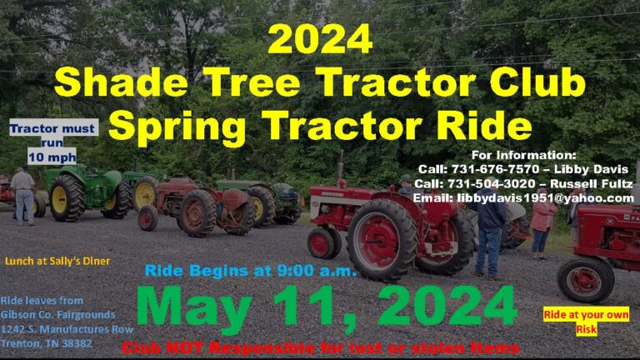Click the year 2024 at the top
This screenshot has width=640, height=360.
pyautogui.click(x=320, y=38)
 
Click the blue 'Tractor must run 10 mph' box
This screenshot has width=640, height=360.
pyautogui.click(x=52, y=142)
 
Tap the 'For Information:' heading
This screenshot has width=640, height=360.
pyautogui.click(x=523, y=155)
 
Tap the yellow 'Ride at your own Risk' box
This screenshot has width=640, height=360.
pyautogui.click(x=586, y=322)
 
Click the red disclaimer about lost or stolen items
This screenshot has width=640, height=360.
pyautogui.click(x=321, y=347)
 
